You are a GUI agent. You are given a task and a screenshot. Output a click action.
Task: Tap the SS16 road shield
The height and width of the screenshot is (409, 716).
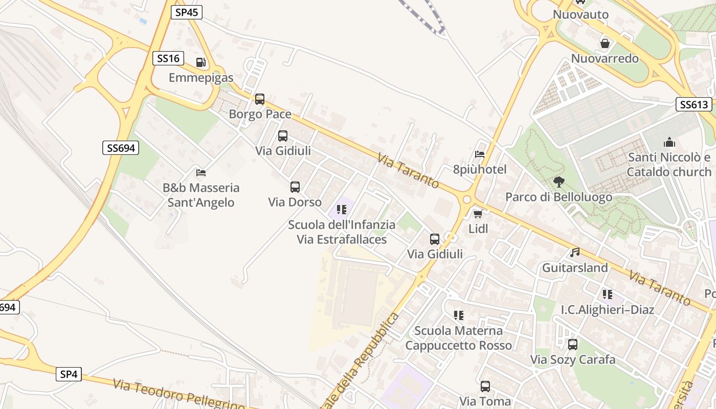[x=168, y=58]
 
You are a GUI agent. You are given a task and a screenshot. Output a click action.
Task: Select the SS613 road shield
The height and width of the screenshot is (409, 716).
[x=693, y=105]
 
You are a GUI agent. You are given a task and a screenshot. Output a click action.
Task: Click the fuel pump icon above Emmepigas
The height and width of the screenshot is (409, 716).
[x=201, y=63]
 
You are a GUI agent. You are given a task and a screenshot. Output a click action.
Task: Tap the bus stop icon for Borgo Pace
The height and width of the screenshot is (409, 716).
[x=260, y=99]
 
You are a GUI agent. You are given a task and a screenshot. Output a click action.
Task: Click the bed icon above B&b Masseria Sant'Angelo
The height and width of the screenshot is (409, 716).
[x=201, y=173]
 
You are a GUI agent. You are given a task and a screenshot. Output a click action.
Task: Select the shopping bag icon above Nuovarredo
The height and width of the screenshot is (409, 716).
[x=605, y=43]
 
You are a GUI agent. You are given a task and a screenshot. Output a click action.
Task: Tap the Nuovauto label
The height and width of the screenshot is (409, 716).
[x=580, y=14]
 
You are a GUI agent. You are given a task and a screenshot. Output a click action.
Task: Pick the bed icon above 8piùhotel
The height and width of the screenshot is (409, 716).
[x=480, y=154]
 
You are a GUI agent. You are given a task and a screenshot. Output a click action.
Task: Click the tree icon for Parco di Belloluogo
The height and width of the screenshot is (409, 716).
[x=558, y=181]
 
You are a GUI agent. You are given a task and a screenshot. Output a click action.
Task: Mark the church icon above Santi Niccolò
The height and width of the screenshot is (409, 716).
[x=669, y=143]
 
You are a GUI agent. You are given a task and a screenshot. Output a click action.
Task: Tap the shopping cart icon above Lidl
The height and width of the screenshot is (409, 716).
[x=478, y=214]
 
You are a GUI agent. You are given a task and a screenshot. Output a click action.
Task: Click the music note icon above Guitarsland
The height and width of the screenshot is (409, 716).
[x=575, y=253]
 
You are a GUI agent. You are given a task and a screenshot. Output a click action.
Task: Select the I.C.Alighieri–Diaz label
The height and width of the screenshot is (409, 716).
[x=607, y=309]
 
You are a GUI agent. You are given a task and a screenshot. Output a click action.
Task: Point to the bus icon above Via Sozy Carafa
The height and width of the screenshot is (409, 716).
[x=573, y=345]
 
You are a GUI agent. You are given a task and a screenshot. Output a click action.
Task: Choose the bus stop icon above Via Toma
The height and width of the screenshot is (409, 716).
[x=485, y=387]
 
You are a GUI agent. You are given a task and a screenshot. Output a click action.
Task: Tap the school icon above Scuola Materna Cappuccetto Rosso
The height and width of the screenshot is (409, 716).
[x=458, y=315]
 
